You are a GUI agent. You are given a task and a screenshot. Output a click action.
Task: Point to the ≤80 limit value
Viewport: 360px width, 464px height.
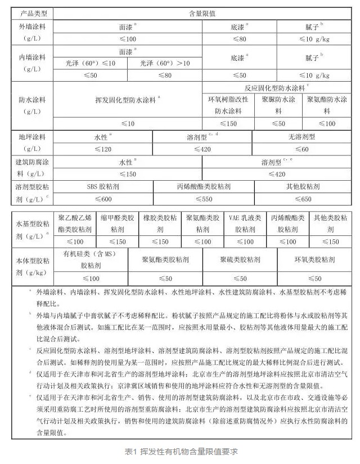tap(240, 39)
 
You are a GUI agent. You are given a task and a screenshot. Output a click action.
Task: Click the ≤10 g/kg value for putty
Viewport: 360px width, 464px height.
tap(312, 39)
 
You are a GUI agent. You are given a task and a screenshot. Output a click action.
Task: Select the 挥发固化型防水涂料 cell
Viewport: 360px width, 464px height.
tap(128, 99)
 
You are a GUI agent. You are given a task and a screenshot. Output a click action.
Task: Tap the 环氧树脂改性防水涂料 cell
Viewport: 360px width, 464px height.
tap(228, 105)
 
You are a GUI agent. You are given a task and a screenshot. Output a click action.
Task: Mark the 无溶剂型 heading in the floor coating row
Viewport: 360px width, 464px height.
tap(301, 137)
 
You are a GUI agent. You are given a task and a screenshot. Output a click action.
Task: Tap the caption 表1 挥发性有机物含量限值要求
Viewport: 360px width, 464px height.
tap(180, 450)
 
